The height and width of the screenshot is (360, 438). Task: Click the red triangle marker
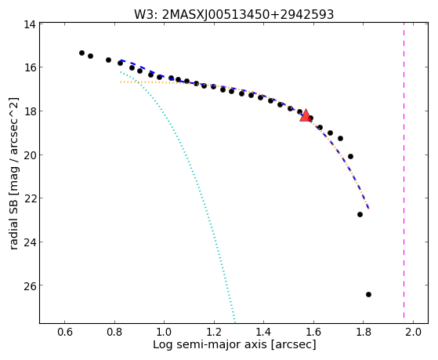(x=306, y=115)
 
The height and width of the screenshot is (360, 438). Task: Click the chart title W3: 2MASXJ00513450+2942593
(x=234, y=14)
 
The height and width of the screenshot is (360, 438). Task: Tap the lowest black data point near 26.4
(x=368, y=294)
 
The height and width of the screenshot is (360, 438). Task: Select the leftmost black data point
(x=81, y=53)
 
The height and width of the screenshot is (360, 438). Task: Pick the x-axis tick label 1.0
(x=164, y=332)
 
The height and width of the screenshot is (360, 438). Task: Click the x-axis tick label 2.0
(x=413, y=332)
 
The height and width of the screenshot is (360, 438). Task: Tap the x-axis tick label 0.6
(x=65, y=332)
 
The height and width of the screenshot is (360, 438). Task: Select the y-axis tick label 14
(x=29, y=24)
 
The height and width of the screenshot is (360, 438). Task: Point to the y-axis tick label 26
(x=29, y=285)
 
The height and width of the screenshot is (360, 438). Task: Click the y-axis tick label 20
(x=29, y=155)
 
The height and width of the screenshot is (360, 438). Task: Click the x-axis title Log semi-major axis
(x=210, y=344)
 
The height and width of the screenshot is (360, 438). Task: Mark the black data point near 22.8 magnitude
(x=360, y=214)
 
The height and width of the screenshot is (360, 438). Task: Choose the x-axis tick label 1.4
(x=263, y=332)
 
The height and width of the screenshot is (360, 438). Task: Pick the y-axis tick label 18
(x=29, y=111)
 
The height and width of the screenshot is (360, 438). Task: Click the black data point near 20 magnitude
(x=350, y=156)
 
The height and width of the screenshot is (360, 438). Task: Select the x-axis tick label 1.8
(x=364, y=332)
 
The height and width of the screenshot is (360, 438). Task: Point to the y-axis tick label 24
(x=29, y=242)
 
